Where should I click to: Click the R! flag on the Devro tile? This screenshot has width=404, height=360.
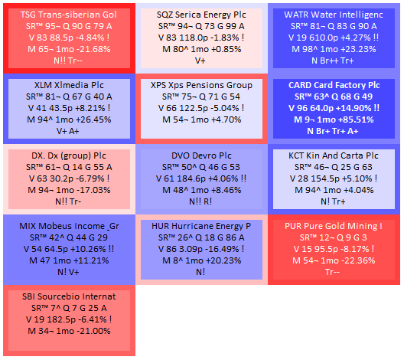(207, 201)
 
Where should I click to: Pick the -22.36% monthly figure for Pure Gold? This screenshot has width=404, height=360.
(360, 260)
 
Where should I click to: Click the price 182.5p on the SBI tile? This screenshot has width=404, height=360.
(58, 319)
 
